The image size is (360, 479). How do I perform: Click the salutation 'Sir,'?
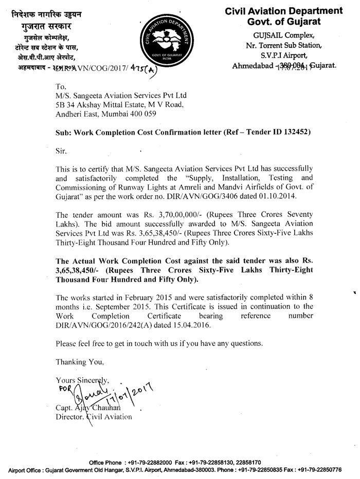click(61, 152)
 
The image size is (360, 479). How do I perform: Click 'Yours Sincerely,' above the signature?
click(83, 380)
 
